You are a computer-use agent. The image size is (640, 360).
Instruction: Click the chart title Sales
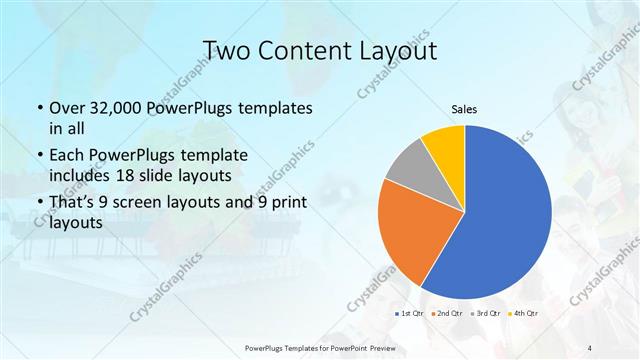[464, 108]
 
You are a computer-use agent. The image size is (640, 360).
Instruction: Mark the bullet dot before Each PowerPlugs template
[39, 156]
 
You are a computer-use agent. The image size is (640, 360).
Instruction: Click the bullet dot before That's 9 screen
[39, 204]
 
